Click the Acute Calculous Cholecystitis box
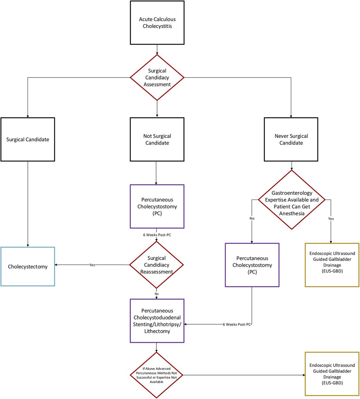(x=157, y=22)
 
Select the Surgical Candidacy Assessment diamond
(x=157, y=77)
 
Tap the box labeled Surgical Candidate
(x=28, y=139)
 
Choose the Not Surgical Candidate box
(x=157, y=139)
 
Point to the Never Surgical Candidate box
(x=291, y=139)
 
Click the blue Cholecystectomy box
(x=28, y=266)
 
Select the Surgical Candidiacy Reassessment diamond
(x=156, y=265)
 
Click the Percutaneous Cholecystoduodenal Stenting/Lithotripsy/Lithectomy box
(x=157, y=321)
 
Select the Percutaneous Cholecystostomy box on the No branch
(x=252, y=265)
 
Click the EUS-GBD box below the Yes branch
(x=332, y=265)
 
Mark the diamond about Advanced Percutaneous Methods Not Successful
(x=156, y=375)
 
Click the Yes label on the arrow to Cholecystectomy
(x=92, y=265)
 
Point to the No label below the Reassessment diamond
(x=156, y=294)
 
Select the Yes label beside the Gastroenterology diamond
(x=331, y=219)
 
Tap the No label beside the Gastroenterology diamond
(x=252, y=219)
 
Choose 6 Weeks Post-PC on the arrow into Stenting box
(x=236, y=324)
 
